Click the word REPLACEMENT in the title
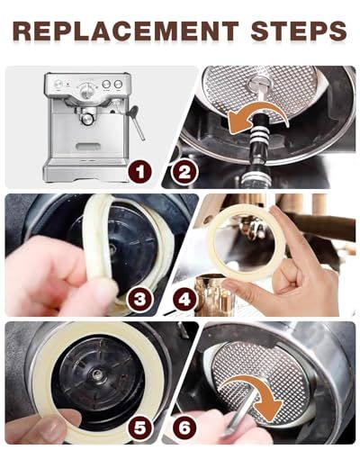coord(126,31)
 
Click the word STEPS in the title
coord(299,31)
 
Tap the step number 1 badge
coord(140,172)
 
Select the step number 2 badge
coord(184,172)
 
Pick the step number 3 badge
coord(140,299)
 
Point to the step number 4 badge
coord(184,299)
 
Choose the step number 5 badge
coord(140,427)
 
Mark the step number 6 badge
coord(184,427)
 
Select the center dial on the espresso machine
coord(86,89)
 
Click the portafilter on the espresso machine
coord(87,118)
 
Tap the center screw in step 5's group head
coord(96,373)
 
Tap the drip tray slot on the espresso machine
coord(87,147)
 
